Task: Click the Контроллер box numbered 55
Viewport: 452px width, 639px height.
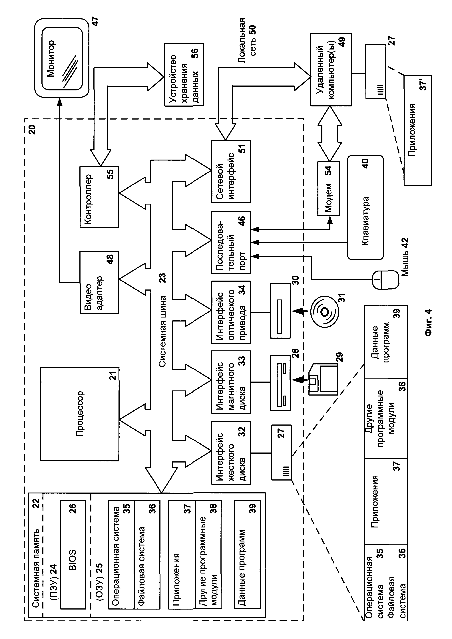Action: (x=99, y=197)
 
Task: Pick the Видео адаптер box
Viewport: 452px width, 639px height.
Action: (x=99, y=282)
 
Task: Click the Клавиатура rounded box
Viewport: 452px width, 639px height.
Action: (x=365, y=208)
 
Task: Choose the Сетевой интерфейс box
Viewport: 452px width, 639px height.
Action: (x=231, y=171)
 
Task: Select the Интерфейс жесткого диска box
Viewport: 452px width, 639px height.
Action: (x=231, y=453)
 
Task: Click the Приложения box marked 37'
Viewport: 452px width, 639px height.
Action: (x=417, y=130)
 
